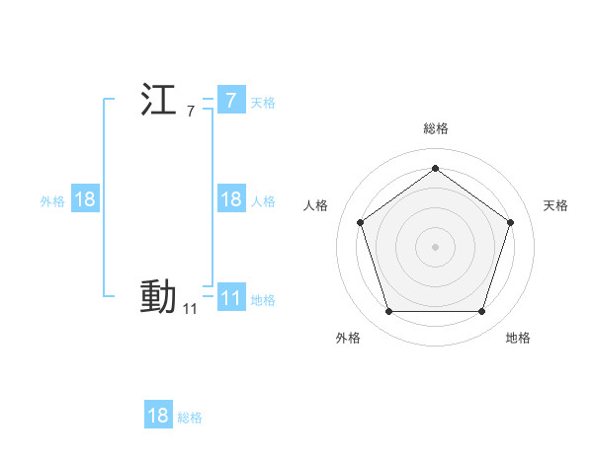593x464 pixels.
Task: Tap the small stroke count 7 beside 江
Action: point(190,112)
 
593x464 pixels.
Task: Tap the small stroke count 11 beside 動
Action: point(190,309)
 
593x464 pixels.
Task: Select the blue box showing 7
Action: point(230,100)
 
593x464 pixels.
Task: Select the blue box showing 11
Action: point(230,297)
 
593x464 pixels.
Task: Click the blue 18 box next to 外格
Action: point(85,199)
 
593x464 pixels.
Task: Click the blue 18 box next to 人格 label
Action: point(230,199)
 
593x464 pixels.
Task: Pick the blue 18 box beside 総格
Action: point(158,416)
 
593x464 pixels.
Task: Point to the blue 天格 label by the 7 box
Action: point(263,102)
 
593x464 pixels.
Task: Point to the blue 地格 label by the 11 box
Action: point(263,300)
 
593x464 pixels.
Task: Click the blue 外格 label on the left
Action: point(52,201)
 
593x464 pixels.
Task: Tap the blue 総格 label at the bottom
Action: point(190,418)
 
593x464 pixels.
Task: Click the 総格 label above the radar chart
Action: point(435,128)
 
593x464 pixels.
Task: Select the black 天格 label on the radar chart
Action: point(555,205)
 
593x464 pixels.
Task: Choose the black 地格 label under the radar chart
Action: point(518,338)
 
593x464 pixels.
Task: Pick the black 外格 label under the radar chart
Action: point(348,338)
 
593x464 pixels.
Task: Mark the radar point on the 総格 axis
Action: point(435,168)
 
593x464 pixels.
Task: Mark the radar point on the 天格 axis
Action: point(510,222)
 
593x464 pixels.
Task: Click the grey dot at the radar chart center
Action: point(435,246)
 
